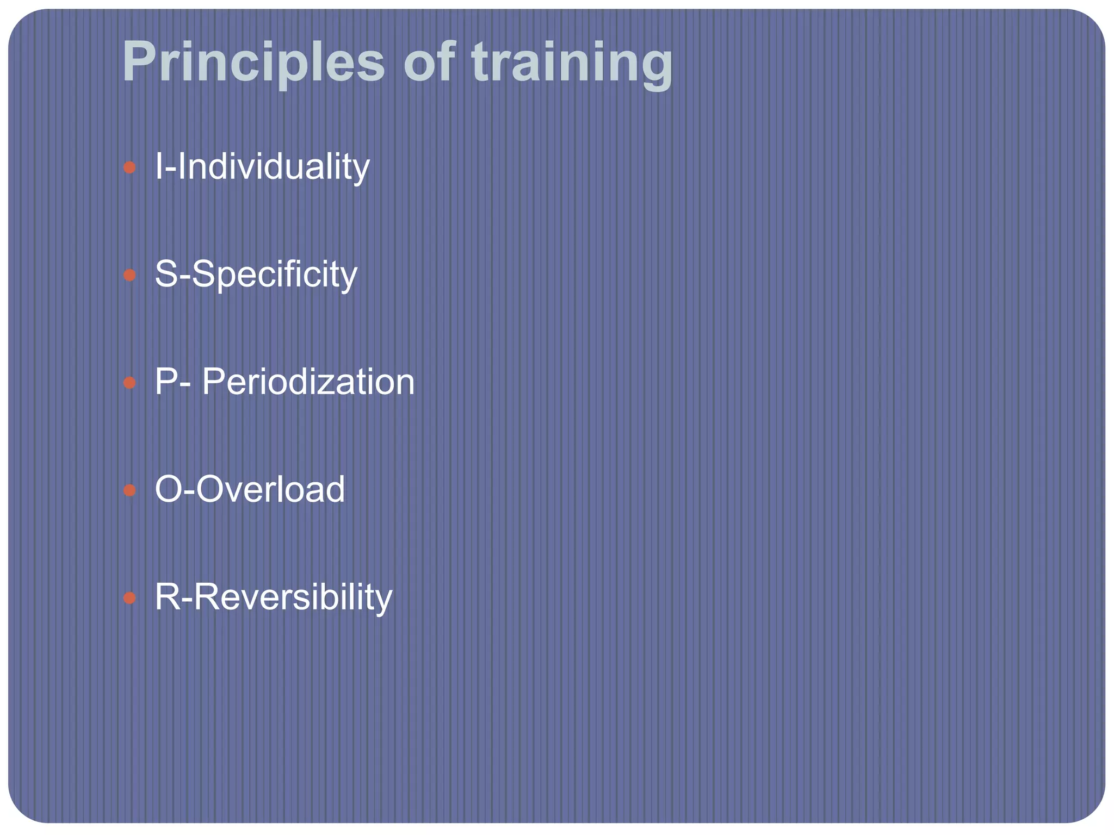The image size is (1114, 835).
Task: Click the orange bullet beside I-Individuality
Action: point(129,167)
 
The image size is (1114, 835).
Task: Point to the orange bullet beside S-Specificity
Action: point(129,275)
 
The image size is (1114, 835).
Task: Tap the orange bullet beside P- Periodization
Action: point(129,383)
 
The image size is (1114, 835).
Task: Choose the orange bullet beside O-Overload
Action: point(129,490)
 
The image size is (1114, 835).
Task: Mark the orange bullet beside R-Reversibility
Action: point(129,598)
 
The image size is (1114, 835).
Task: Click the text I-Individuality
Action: point(262,167)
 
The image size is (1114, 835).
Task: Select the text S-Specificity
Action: point(256,275)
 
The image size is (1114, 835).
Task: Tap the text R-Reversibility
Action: point(273,597)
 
